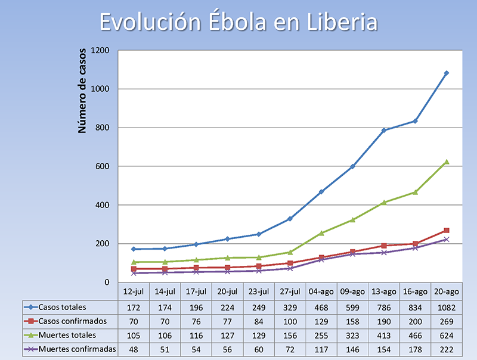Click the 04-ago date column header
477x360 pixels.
[x=321, y=292]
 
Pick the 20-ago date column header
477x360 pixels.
[x=446, y=292]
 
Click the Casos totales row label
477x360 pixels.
[x=63, y=308]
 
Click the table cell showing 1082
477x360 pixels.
[x=446, y=308]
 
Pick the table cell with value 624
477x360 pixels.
[x=446, y=335]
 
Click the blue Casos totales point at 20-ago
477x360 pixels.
[x=446, y=73]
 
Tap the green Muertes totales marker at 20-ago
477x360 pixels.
[x=446, y=162]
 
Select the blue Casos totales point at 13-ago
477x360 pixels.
[x=384, y=131]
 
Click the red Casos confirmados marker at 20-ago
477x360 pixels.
[x=446, y=231]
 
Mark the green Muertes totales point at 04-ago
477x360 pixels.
[x=321, y=233]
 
